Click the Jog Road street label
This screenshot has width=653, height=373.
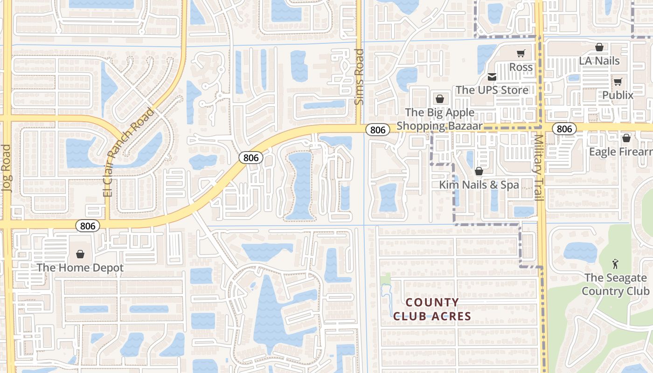point(6,168)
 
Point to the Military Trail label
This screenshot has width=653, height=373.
point(539,168)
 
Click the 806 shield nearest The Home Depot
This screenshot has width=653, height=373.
point(87,226)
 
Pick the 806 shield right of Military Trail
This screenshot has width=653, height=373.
point(564,129)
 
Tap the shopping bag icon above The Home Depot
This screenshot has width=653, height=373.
point(80,254)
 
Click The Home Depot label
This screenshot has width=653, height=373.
point(80,268)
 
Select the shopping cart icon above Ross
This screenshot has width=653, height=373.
point(521,54)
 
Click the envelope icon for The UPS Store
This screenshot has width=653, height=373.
point(492,76)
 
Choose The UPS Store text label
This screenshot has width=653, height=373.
point(492,90)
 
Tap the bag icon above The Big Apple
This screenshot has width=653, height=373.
point(439,99)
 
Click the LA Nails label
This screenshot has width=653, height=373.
point(599,61)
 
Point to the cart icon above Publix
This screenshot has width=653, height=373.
point(618,82)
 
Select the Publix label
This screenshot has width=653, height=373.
point(618,96)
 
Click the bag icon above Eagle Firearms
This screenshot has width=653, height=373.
point(626,138)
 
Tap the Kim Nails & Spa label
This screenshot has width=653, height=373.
point(479,185)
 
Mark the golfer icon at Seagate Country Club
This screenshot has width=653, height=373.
point(615,264)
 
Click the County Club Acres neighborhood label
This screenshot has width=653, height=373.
point(432,309)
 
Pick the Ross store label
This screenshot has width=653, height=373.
point(521,67)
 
